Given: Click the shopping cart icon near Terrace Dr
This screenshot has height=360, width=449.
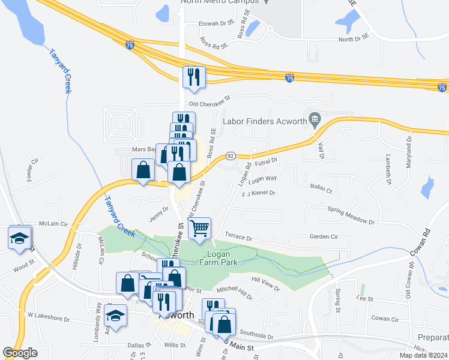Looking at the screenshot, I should [x=199, y=227].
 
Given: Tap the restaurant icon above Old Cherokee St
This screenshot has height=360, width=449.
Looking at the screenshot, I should [x=193, y=77].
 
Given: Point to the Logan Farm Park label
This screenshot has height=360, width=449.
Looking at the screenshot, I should [x=218, y=257].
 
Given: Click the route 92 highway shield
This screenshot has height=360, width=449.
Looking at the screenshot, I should [x=230, y=156].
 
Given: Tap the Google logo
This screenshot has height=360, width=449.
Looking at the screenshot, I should [x=20, y=353].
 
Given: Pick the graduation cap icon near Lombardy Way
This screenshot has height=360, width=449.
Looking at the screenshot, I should [x=115, y=314].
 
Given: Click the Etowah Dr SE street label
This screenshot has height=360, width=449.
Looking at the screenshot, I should [x=215, y=23].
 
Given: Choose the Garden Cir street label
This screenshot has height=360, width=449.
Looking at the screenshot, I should [x=324, y=236].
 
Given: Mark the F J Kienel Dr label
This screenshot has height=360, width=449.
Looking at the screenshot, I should [x=258, y=193].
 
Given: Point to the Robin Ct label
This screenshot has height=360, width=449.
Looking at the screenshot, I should [x=321, y=188].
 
